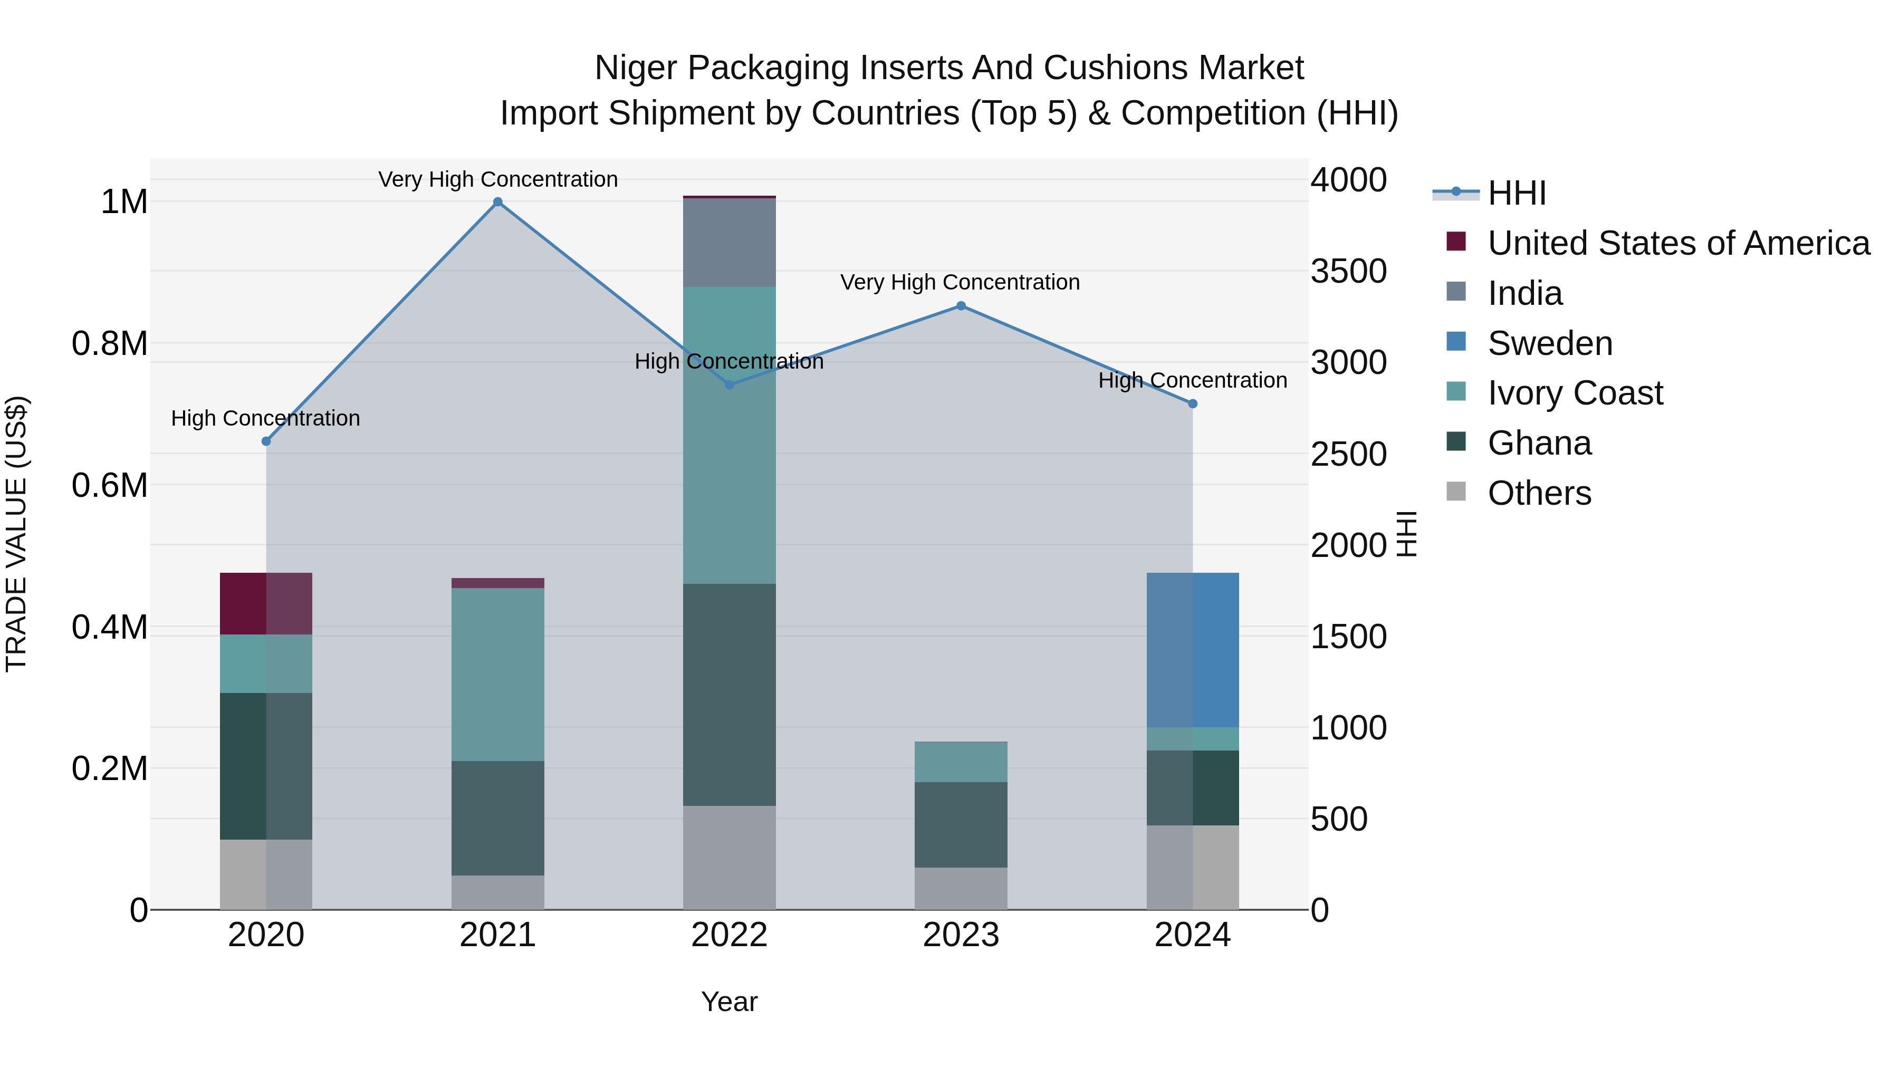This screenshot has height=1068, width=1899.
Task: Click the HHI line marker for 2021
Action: point(497,202)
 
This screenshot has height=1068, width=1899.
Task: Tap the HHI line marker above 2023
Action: point(961,306)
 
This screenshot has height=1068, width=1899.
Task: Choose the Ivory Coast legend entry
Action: point(1575,393)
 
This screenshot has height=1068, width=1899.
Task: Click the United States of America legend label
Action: point(1678,243)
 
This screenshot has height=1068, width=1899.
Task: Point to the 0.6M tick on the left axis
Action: point(109,486)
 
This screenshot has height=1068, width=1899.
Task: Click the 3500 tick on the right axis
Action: point(1348,271)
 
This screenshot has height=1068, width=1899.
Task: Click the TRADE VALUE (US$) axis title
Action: point(16,534)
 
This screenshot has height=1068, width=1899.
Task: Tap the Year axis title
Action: point(729,1002)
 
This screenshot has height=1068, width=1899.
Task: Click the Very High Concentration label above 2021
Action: point(497,179)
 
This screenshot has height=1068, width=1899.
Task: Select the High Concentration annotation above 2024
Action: point(1192,380)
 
